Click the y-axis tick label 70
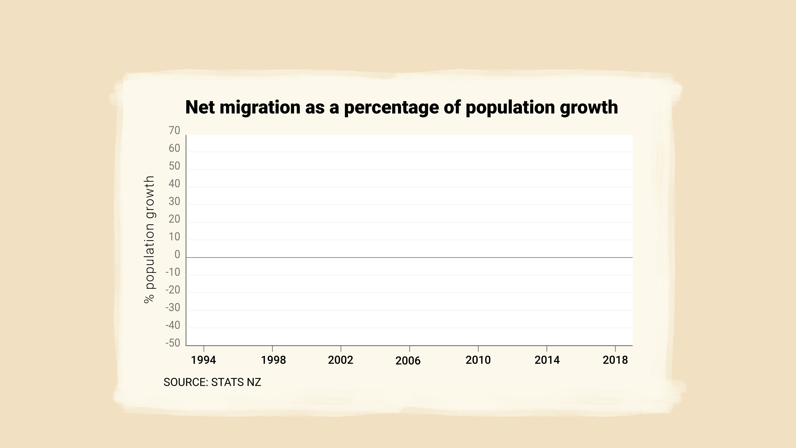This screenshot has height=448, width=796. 174,131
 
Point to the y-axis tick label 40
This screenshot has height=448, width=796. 174,184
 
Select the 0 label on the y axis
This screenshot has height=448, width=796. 177,254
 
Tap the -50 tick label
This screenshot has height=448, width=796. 173,343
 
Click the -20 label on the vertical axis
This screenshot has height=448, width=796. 173,290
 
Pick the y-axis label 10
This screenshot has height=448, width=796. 174,237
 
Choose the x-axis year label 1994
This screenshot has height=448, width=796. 203,360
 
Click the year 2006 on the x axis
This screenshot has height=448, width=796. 408,361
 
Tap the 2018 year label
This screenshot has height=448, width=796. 615,360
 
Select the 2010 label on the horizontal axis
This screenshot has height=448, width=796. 478,360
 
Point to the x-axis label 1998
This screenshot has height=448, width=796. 273,360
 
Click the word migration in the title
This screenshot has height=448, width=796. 260,108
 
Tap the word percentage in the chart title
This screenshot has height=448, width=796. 391,108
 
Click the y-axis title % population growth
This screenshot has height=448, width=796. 150,240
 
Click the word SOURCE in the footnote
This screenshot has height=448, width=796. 186,382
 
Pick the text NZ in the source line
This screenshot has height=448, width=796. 254,382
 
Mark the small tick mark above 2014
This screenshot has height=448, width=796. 547,349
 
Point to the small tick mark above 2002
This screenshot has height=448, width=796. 341,349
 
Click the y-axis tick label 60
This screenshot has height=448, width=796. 174,148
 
